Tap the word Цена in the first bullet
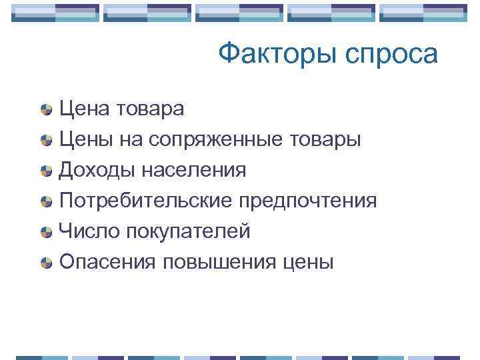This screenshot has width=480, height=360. click(83, 109)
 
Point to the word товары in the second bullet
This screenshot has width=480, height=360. click(326, 139)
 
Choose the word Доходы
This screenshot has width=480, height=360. click(97, 170)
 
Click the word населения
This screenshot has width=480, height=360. click(193, 170)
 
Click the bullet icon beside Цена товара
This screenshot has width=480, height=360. click(45, 109)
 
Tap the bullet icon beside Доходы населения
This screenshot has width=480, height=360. click(45, 171)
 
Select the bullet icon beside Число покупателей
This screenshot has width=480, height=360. click(45, 232)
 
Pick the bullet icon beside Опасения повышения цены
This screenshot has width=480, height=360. click(45, 263)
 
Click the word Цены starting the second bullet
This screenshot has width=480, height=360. click(85, 139)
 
